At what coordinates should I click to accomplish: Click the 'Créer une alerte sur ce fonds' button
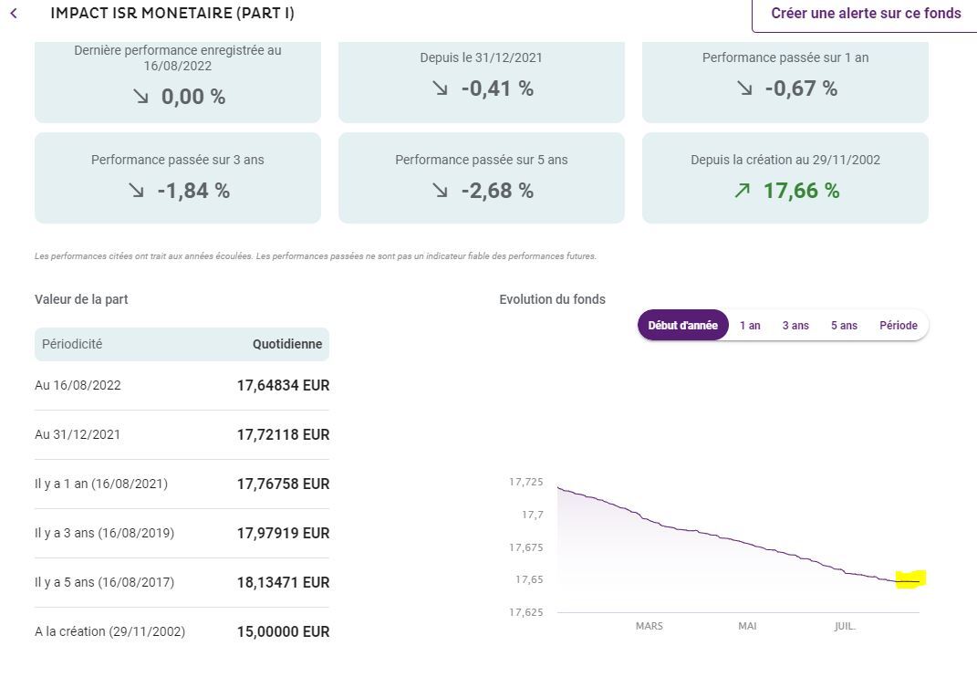click(865, 14)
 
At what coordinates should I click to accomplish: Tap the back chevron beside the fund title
click(14, 14)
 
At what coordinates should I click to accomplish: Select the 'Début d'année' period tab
click(682, 326)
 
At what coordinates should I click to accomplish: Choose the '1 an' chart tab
click(750, 326)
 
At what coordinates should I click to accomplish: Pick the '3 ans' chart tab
click(795, 326)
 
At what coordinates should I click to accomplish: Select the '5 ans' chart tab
click(844, 326)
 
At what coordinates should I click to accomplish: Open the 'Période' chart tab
click(898, 326)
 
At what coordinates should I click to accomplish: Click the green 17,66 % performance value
click(801, 191)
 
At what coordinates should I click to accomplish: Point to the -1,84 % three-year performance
click(192, 191)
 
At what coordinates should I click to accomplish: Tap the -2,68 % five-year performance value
click(497, 191)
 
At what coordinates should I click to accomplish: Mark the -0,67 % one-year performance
click(801, 89)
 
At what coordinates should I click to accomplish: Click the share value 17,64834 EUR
click(283, 386)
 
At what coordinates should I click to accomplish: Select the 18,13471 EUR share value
click(283, 583)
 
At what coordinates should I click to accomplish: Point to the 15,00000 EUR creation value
click(283, 632)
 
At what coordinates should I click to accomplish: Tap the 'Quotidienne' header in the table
click(287, 345)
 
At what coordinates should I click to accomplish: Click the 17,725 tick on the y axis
click(525, 482)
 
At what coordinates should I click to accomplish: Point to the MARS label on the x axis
click(649, 627)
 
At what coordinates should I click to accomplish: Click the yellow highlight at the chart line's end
click(910, 579)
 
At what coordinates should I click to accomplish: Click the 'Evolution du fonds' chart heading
click(552, 299)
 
